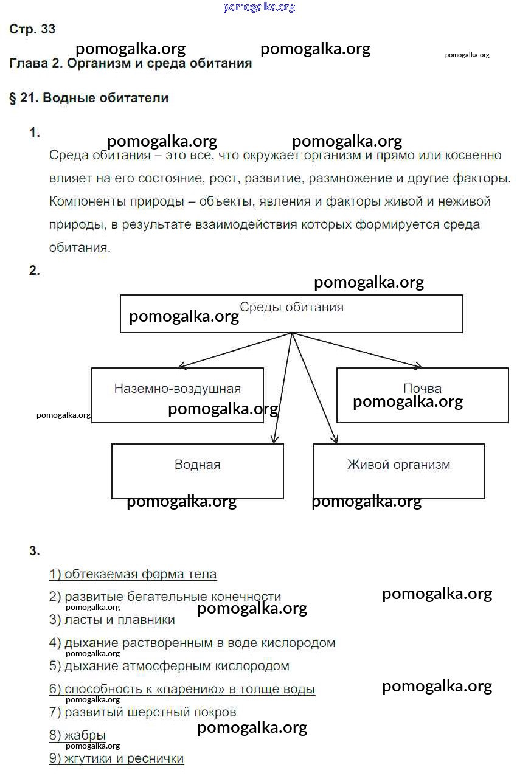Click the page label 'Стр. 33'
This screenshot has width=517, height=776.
coord(32,29)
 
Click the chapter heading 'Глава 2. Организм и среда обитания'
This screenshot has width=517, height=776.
coord(131,63)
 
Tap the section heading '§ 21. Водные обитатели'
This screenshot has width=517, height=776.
coord(89,98)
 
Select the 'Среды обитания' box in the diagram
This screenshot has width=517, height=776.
coord(291,313)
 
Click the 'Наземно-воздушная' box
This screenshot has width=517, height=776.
coord(177,395)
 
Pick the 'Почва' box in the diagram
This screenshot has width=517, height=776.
coord(422,395)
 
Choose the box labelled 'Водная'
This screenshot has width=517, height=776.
coord(197,471)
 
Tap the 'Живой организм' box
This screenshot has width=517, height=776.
coord(398,471)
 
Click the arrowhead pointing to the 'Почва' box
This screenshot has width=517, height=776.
coord(418,366)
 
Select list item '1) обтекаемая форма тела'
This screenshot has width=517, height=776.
coord(133,574)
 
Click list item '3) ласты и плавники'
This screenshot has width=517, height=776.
coord(112,620)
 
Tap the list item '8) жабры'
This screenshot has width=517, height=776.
coord(77,735)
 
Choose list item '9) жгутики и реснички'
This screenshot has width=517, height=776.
coord(116,758)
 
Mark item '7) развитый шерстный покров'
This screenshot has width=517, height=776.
coord(142,712)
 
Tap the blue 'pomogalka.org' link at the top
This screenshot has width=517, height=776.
coord(259,7)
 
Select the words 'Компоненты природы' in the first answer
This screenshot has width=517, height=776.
coord(107,201)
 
